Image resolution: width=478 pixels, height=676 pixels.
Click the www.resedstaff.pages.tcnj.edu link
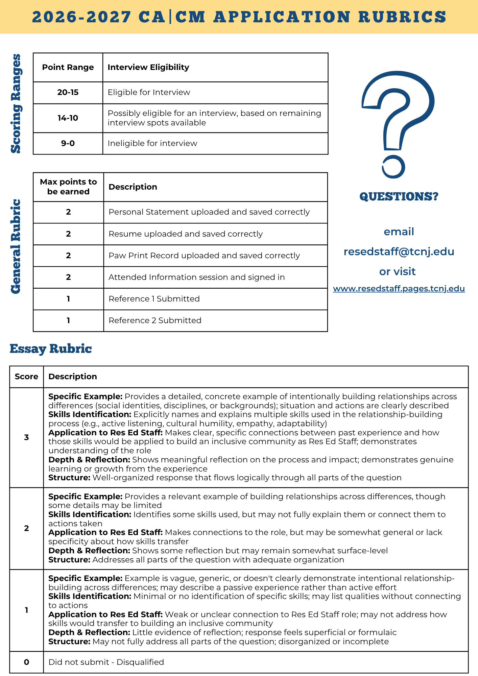(399, 289)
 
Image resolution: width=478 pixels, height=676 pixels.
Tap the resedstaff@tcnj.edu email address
(399, 252)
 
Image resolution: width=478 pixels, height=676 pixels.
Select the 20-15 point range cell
(68, 93)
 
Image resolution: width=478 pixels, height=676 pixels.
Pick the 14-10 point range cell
(68, 118)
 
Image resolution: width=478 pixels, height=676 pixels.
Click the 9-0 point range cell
(68, 143)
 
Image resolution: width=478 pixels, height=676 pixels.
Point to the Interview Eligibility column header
(148, 67)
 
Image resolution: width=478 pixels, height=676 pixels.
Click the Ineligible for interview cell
(152, 143)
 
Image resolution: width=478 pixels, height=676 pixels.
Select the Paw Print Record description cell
(204, 256)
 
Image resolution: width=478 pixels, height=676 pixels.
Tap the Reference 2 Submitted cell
(155, 320)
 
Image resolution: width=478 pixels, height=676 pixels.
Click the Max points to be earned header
(68, 187)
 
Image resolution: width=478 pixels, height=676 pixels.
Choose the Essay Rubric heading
(51, 349)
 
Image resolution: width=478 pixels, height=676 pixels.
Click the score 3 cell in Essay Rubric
(27, 438)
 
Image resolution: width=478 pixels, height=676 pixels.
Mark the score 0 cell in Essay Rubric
(27, 662)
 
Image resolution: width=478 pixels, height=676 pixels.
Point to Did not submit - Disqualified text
(106, 662)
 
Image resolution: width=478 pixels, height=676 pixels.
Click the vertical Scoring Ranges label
(16, 103)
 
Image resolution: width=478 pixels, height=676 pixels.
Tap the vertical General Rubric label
(16, 247)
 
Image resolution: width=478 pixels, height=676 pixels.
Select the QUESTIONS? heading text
(399, 196)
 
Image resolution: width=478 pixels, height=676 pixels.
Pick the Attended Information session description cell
(197, 277)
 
